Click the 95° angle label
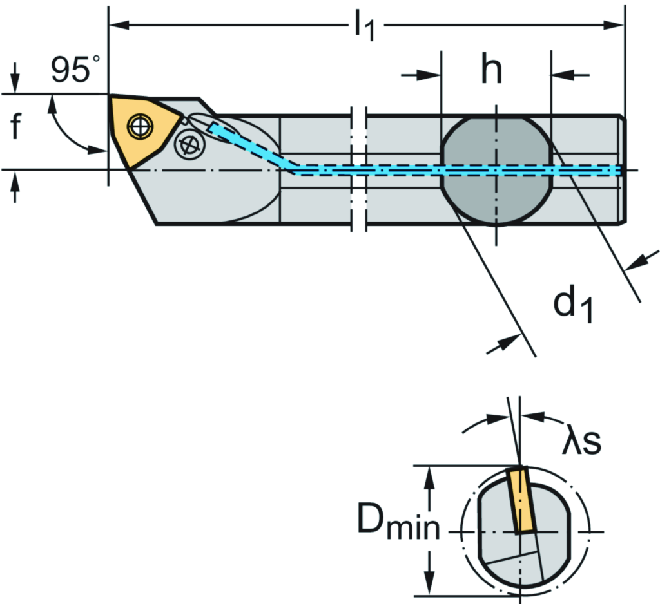(76, 69)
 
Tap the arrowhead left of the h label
(432, 75)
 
